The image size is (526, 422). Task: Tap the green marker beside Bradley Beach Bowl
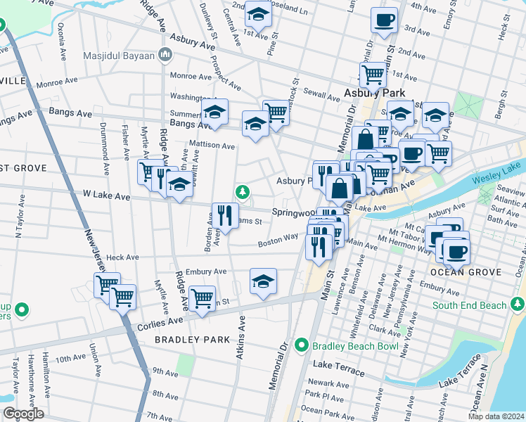[302, 345]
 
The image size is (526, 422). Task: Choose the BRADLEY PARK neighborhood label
[192, 339]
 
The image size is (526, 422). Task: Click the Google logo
[23, 414]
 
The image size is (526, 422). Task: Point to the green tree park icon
[243, 191]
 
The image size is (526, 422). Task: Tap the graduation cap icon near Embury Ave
[263, 281]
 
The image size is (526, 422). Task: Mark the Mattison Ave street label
[212, 146]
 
